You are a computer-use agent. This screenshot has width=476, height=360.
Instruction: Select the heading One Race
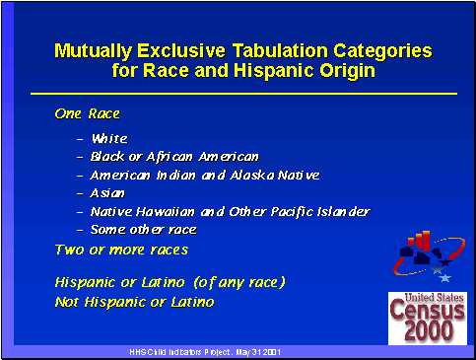[x=87, y=114]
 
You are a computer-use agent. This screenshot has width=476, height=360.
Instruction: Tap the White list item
[x=109, y=139]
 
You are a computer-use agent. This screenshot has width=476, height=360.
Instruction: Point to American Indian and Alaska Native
[x=205, y=175]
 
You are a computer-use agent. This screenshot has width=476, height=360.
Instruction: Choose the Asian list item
[x=107, y=193]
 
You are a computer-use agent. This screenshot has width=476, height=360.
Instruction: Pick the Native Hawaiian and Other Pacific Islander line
[x=230, y=211]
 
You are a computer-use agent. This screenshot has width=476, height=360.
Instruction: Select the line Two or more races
[x=120, y=251]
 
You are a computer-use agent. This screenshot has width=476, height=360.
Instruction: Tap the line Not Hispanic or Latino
[x=134, y=301]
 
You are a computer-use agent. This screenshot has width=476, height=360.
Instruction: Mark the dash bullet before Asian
[x=79, y=193]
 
